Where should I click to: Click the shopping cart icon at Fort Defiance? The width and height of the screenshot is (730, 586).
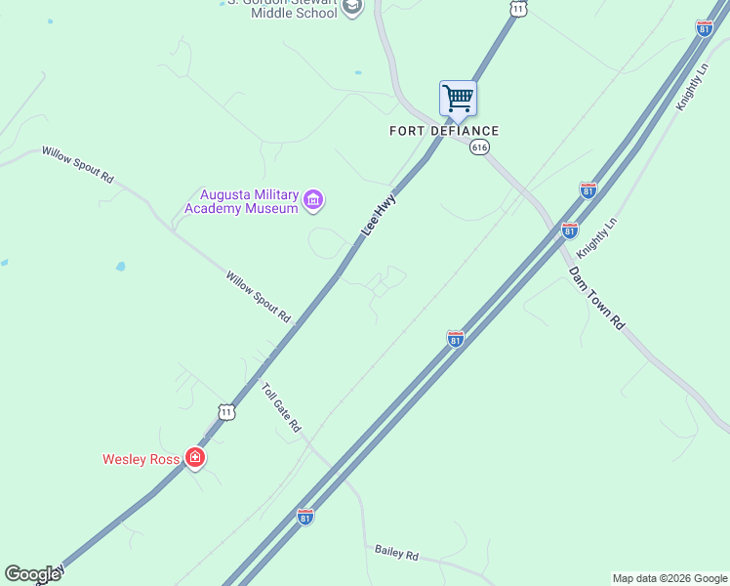pos(458,99)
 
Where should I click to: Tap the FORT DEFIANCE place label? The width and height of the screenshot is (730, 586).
pos(444,131)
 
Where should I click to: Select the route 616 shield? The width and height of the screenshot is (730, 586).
pos(479,147)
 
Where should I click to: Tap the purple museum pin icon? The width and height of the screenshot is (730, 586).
pos(313,201)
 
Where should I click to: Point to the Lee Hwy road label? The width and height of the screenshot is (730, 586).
pos(380,214)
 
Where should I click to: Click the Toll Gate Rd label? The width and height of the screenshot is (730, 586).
pos(281,407)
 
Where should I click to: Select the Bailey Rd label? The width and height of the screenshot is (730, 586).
pos(396,553)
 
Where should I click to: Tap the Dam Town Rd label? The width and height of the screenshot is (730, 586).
pos(596,298)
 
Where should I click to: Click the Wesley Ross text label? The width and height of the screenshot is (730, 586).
pos(142,458)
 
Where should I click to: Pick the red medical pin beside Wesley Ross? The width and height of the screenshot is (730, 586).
pos(195,457)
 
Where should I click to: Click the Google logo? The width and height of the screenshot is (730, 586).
pos(32,574)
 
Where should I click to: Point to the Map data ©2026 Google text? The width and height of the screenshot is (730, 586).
pos(669,578)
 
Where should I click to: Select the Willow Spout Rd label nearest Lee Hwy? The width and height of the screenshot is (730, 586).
pos(259,297)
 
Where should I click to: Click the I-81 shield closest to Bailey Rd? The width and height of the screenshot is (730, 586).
pos(305,515)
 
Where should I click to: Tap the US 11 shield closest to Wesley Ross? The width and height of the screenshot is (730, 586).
pos(226,412)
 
